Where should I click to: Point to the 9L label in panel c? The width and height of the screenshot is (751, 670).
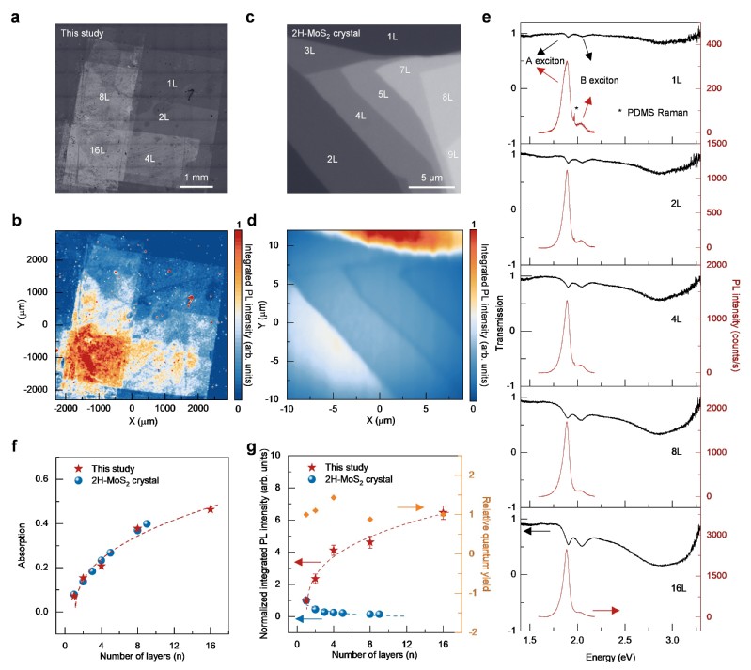pos(453,153)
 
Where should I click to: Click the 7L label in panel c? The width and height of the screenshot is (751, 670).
pos(404,71)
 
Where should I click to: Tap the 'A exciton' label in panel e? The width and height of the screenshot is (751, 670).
pos(544,62)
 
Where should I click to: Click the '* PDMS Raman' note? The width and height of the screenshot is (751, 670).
pos(650,113)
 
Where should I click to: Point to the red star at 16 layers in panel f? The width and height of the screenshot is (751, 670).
pos(211,508)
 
